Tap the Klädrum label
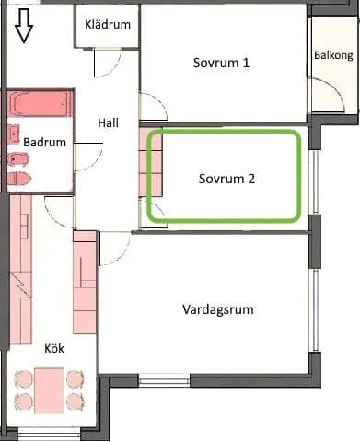point(107,24)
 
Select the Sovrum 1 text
point(222,63)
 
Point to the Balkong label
point(332,55)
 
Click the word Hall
point(109,122)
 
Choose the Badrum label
point(44,143)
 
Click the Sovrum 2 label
point(226,179)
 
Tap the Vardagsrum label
point(217,309)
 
